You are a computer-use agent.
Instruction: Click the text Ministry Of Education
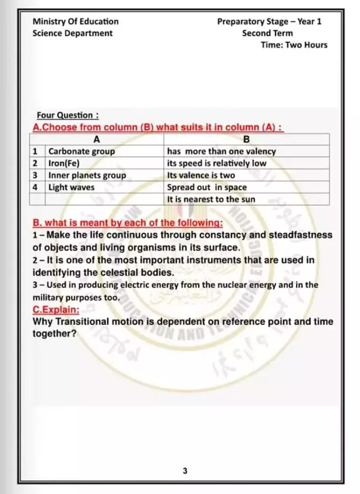tap(75, 22)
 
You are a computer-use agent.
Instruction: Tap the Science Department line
tap(72, 33)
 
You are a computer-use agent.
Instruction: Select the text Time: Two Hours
tap(294, 45)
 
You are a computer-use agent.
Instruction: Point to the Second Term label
tap(267, 33)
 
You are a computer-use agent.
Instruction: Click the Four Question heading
tap(68, 116)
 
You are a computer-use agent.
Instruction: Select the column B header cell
tap(247, 140)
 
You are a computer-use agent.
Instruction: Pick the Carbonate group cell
tap(82, 152)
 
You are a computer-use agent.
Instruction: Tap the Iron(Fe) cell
tap(63, 164)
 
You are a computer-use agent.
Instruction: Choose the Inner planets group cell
tap(87, 176)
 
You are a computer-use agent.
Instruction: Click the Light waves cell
tap(72, 188)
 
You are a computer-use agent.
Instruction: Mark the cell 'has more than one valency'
tap(221, 152)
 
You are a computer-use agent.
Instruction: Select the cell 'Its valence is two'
tap(201, 176)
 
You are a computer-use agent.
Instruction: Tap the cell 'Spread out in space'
tap(206, 188)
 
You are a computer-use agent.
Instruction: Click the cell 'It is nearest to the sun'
tap(211, 200)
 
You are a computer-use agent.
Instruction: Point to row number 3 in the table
tap(35, 176)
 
